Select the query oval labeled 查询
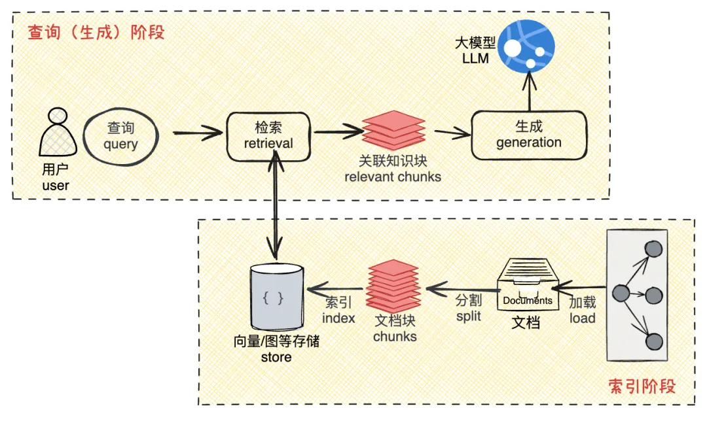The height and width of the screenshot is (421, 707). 120,136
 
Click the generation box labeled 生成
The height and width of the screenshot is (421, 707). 528,135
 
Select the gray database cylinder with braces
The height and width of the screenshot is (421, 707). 276,298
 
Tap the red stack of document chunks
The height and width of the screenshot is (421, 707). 393,286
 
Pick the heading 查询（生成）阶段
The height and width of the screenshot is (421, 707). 96,32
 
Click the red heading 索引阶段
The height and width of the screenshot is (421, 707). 641,386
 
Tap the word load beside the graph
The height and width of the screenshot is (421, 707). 582,318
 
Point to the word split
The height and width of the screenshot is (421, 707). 468,316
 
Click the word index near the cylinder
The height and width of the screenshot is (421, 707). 338,318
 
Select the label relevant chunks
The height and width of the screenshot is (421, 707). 393,177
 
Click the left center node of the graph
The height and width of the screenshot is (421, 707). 619,294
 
